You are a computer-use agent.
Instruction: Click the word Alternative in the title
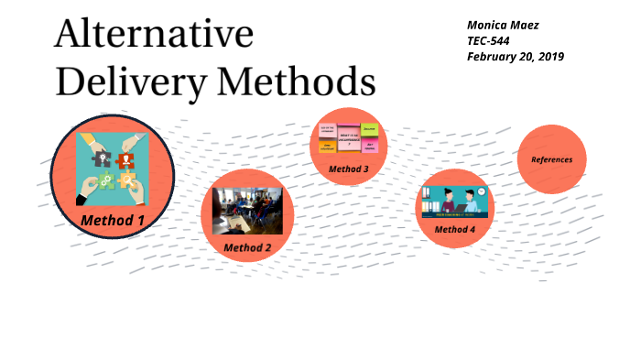(154, 34)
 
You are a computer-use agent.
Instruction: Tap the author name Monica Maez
(503, 25)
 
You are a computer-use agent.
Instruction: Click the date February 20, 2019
(515, 57)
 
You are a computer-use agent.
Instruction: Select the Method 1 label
(113, 220)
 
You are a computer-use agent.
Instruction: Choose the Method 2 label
(247, 247)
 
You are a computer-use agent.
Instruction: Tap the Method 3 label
(349, 169)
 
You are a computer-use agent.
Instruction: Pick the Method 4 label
(454, 229)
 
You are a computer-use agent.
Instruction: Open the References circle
(551, 159)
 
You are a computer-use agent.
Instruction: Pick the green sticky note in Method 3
(369, 130)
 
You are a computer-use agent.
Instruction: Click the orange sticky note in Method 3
(325, 146)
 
